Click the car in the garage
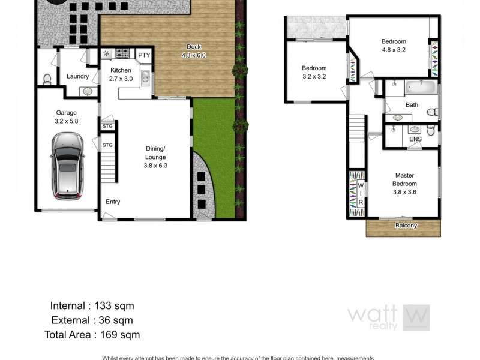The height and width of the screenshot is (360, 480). click(67, 166)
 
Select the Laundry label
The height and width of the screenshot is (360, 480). click(78, 76)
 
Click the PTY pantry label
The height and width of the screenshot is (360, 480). click(143, 55)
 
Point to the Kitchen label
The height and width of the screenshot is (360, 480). click(121, 74)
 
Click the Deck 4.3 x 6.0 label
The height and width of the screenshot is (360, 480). click(193, 51)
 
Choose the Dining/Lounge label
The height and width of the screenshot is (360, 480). click(155, 153)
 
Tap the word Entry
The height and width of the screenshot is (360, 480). click(113, 202)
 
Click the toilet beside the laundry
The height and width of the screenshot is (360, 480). click(47, 79)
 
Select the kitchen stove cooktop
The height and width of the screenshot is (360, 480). click(122, 54)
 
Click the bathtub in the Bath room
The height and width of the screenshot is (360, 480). click(419, 87)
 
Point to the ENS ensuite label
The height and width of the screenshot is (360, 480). click(415, 139)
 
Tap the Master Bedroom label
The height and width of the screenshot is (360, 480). click(404, 184)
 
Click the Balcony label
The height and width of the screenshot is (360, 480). click(406, 226)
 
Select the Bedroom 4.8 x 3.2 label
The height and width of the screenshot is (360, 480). click(394, 46)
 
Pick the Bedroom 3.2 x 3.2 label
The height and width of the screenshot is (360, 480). click(314, 72)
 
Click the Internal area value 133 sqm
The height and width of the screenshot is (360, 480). click(113, 306)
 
